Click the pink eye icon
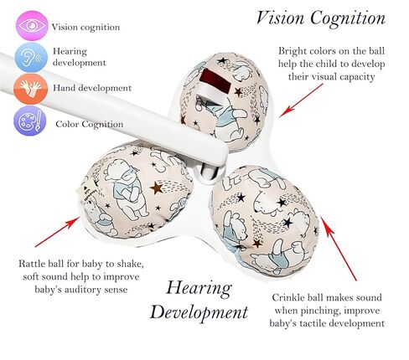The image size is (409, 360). point(32,26)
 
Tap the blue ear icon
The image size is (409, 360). point(31,58)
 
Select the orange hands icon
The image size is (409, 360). point(30,89)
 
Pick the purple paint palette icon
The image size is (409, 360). point(30,121)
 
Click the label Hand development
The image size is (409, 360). point(92,88)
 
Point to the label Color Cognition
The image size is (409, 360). point(90,124)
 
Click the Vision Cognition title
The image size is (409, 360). point(321,18)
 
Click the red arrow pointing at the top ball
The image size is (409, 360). point(301,100)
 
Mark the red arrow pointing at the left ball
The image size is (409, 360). point(58,232)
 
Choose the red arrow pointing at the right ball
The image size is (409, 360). point(339,249)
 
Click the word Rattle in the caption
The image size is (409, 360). point(29,264)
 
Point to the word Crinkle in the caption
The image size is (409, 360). point(287,298)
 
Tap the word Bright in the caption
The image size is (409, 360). point(291,52)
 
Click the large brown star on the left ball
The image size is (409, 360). point(157,188)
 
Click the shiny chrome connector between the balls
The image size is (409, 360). point(208,171)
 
